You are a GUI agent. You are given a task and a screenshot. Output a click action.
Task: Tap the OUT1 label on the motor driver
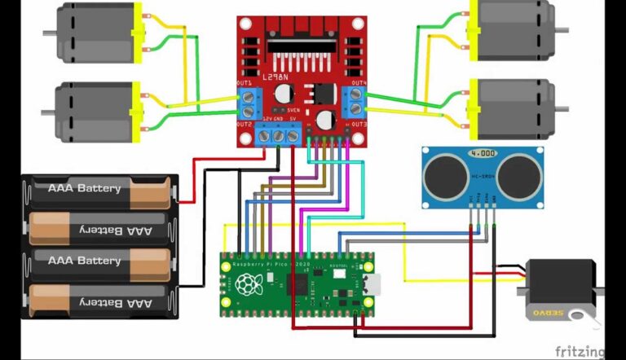244,84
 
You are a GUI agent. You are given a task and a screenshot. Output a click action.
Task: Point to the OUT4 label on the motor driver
359,84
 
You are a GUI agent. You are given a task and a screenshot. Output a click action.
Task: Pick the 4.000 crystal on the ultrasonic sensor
483,153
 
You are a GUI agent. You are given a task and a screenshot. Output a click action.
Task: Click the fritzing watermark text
580,351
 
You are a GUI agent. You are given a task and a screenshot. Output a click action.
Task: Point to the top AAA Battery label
85,189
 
